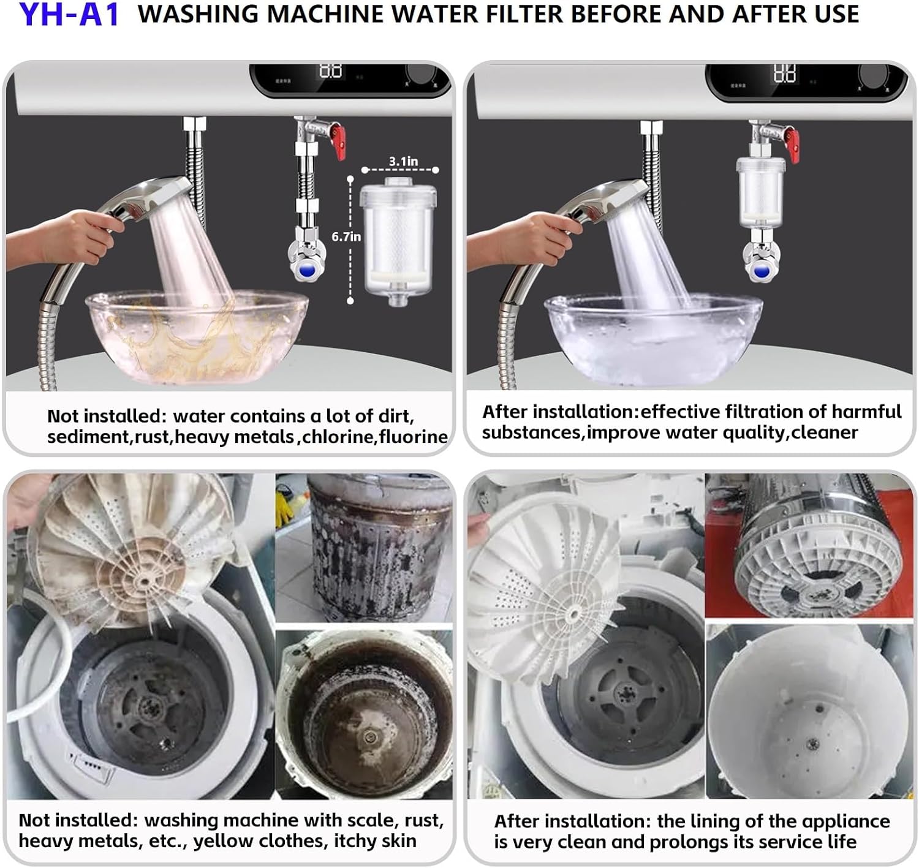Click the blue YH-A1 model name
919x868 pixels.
pos(69,15)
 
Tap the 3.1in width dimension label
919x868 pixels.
pos(403,161)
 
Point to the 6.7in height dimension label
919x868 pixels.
pos(346,236)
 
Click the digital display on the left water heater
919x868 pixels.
pos(331,72)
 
